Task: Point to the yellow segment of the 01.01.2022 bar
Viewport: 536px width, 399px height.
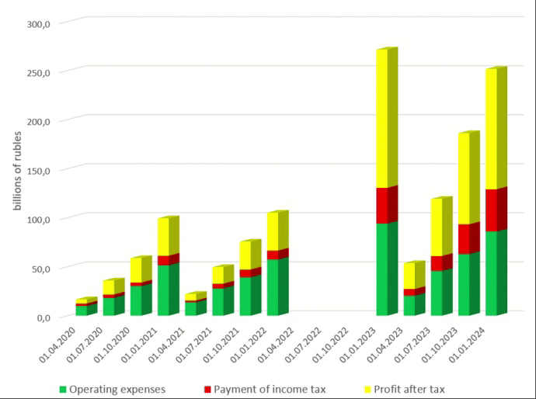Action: tap(277, 231)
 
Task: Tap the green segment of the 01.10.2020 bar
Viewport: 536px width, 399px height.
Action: tap(140, 300)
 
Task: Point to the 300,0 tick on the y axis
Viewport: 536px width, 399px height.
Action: tap(38, 24)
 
